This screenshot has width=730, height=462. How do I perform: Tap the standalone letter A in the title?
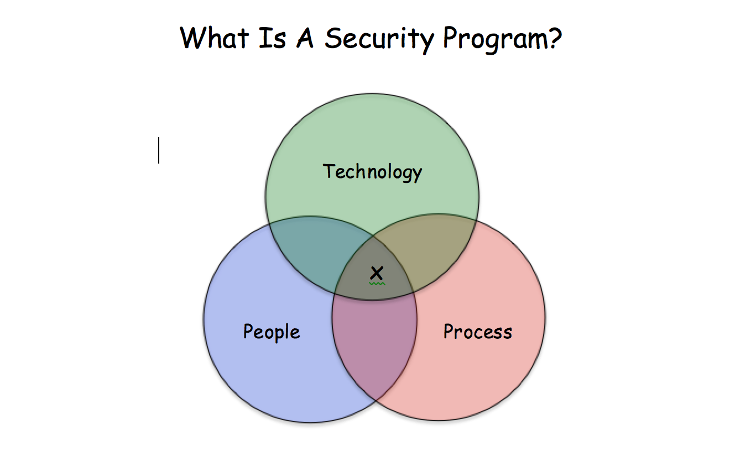tap(305, 38)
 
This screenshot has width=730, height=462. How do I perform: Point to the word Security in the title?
tap(379, 40)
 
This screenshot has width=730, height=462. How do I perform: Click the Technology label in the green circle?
tap(373, 172)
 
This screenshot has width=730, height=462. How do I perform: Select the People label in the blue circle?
tap(272, 332)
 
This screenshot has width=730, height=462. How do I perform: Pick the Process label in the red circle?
tap(478, 332)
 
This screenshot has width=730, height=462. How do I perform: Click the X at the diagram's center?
tap(377, 273)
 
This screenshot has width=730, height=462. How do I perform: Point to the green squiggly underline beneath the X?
tap(377, 284)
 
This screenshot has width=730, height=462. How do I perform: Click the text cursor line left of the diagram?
tap(159, 150)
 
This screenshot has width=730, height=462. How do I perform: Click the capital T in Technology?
tap(329, 171)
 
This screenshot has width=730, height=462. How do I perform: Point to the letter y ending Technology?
tap(416, 175)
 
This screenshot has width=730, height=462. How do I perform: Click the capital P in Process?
tap(450, 331)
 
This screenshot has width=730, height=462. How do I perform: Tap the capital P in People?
tap(249, 331)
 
